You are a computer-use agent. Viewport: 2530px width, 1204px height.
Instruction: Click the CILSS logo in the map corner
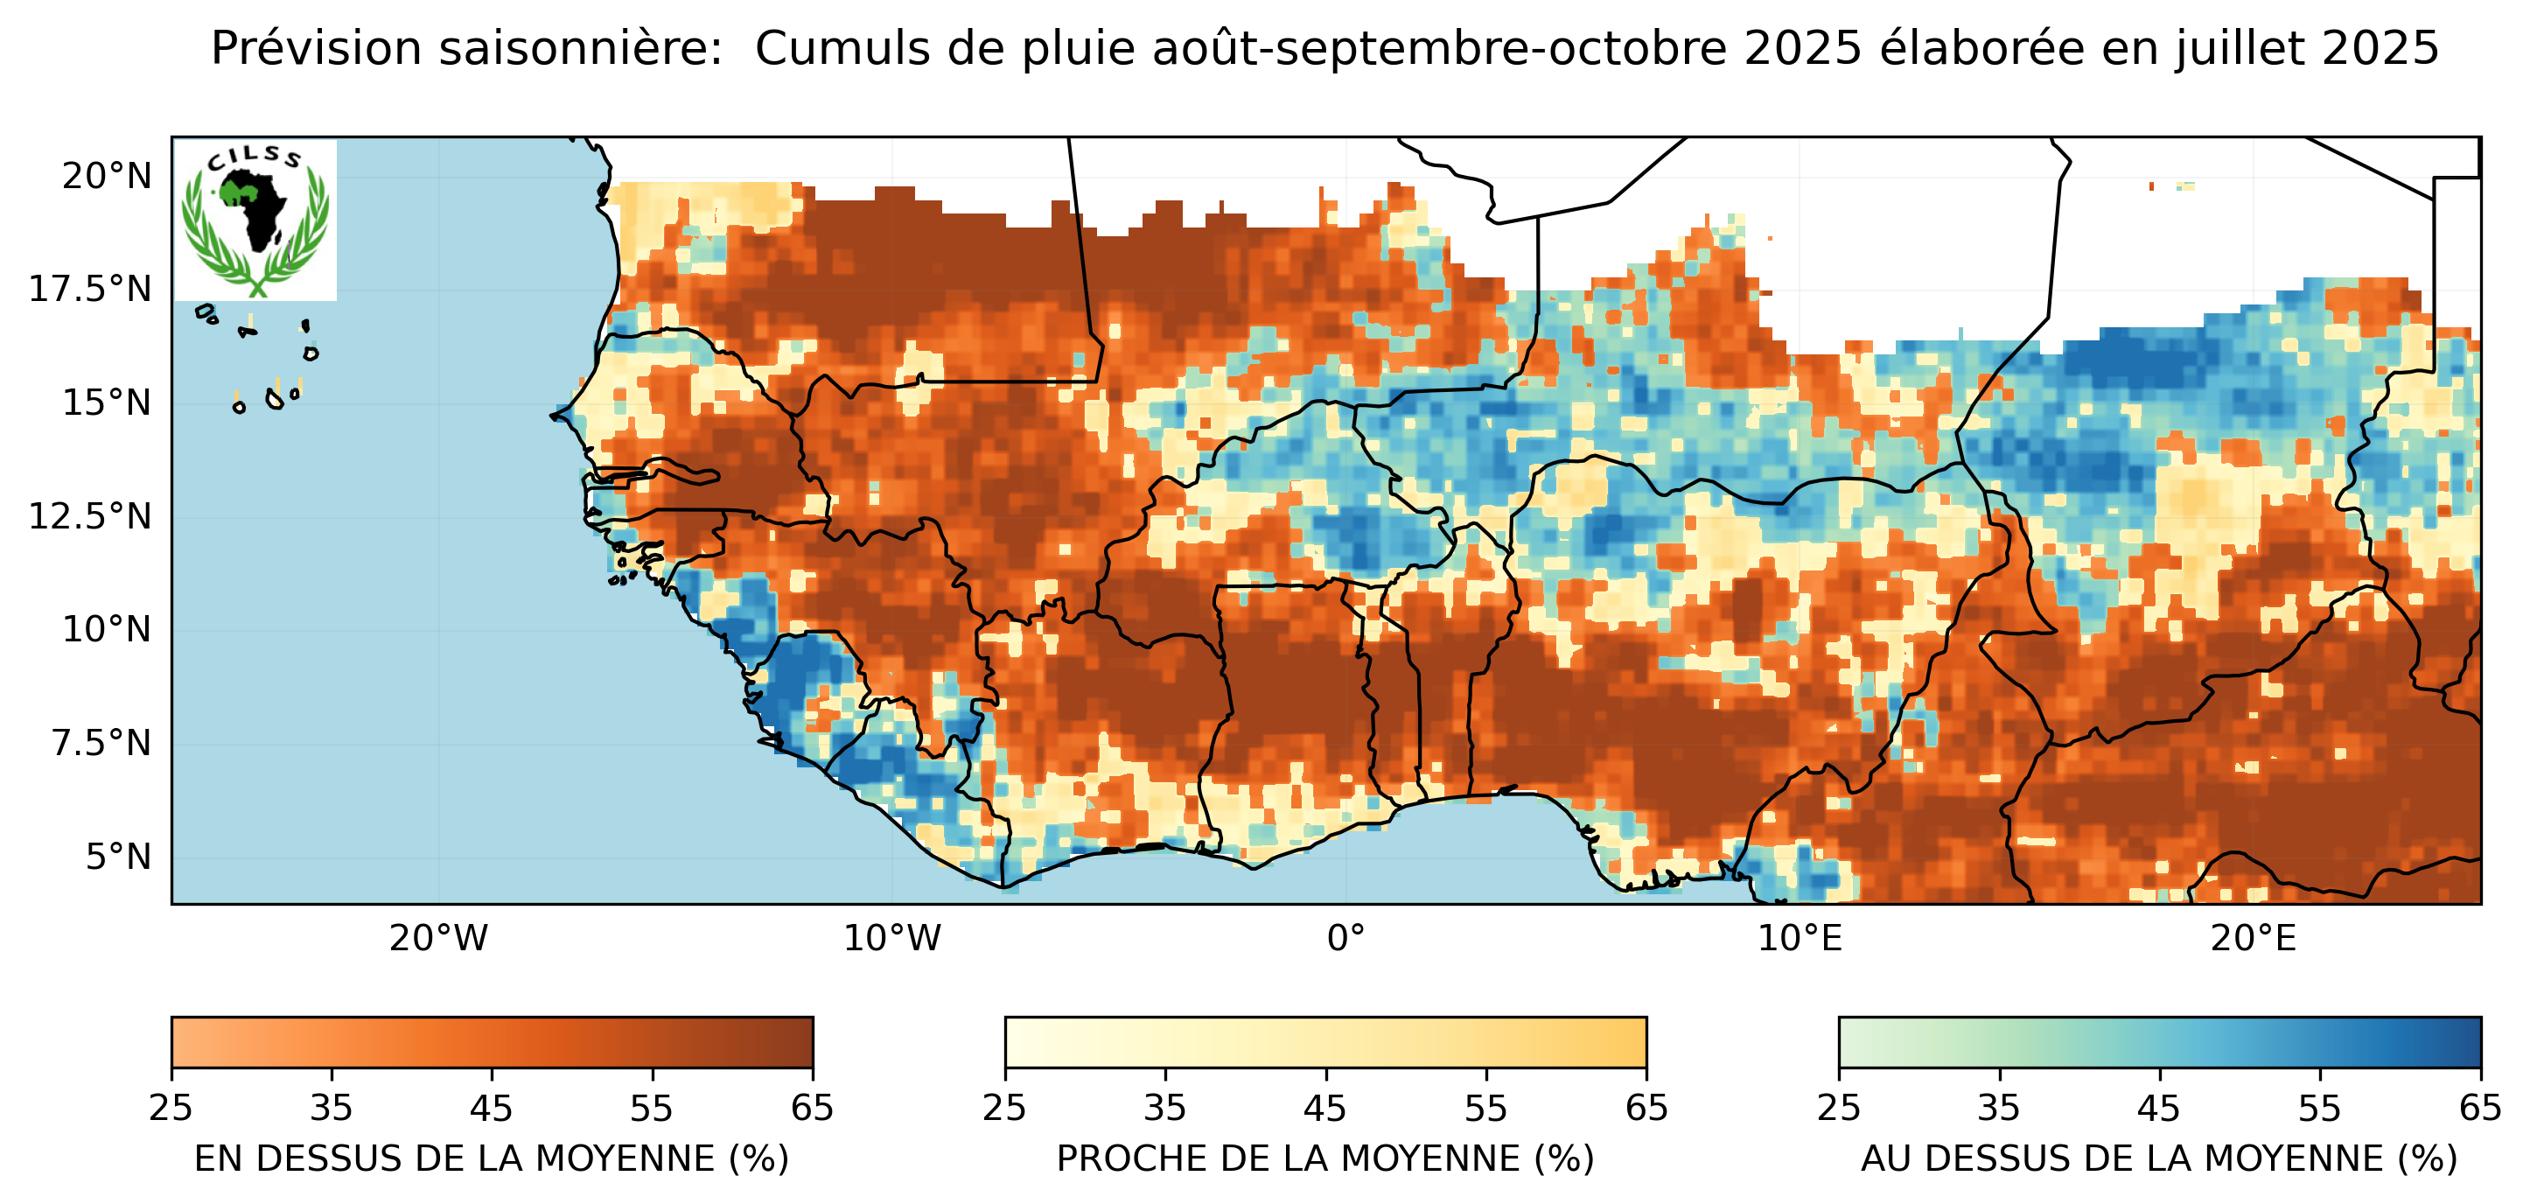255,220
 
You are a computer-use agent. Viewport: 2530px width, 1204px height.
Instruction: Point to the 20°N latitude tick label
107,177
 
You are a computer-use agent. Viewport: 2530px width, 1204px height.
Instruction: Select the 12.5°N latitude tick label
90,516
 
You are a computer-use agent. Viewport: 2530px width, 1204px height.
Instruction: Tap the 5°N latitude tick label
118,857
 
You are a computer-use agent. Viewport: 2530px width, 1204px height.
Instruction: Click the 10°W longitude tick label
891,939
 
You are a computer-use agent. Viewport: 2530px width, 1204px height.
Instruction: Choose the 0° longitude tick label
1345,939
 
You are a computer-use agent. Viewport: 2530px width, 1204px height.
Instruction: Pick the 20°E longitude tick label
2253,939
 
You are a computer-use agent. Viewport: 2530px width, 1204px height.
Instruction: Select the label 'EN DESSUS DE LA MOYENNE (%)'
491,1158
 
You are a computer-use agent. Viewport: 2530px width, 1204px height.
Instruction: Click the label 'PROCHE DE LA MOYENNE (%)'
1324,1158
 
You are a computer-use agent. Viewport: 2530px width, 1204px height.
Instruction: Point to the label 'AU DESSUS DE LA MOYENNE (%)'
2159,1158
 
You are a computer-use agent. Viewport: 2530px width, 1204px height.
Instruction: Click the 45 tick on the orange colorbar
491,1109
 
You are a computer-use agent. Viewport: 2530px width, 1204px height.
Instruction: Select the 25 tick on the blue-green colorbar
1839,1109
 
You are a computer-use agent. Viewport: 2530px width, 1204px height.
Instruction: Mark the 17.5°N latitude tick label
90,290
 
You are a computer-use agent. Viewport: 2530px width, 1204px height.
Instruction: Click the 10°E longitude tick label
1800,939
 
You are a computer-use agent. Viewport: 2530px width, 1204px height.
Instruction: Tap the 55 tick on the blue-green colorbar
2320,1109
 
